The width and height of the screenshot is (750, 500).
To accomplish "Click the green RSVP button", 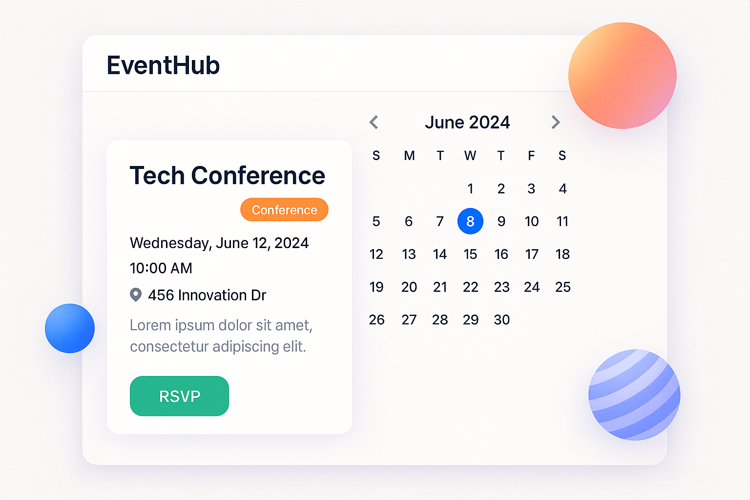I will tap(179, 396).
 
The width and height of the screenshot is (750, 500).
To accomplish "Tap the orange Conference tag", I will tap(284, 210).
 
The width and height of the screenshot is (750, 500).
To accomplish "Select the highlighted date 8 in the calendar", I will tap(470, 221).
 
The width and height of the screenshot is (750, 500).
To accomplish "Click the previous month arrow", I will tap(374, 122).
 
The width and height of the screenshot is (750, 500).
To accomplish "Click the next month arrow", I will tap(555, 122).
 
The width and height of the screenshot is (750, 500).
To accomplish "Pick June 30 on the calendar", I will tap(501, 320).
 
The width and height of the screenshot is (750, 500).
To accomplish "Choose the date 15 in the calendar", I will tap(470, 254).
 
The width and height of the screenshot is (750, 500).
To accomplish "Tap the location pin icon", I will tap(136, 295).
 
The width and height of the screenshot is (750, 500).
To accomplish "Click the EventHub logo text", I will tap(163, 65).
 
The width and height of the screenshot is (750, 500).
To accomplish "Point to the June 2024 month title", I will tap(467, 122).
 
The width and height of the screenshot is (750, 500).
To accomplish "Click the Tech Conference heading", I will tap(227, 175).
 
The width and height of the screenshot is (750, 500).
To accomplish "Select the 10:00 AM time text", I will tap(161, 268).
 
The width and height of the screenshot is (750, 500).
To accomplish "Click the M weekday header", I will tap(409, 156).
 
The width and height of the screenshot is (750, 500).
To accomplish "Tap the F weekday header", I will tap(531, 156).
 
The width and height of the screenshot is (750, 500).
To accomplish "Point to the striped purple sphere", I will tap(634, 395).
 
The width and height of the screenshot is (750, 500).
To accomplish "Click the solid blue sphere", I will tap(70, 328).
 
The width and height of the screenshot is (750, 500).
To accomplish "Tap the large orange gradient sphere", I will tap(623, 76).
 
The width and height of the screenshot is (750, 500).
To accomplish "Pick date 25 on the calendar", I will tap(562, 287).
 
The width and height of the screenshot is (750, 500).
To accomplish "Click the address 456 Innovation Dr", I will tap(207, 295).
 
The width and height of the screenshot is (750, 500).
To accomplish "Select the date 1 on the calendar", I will tap(470, 189).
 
